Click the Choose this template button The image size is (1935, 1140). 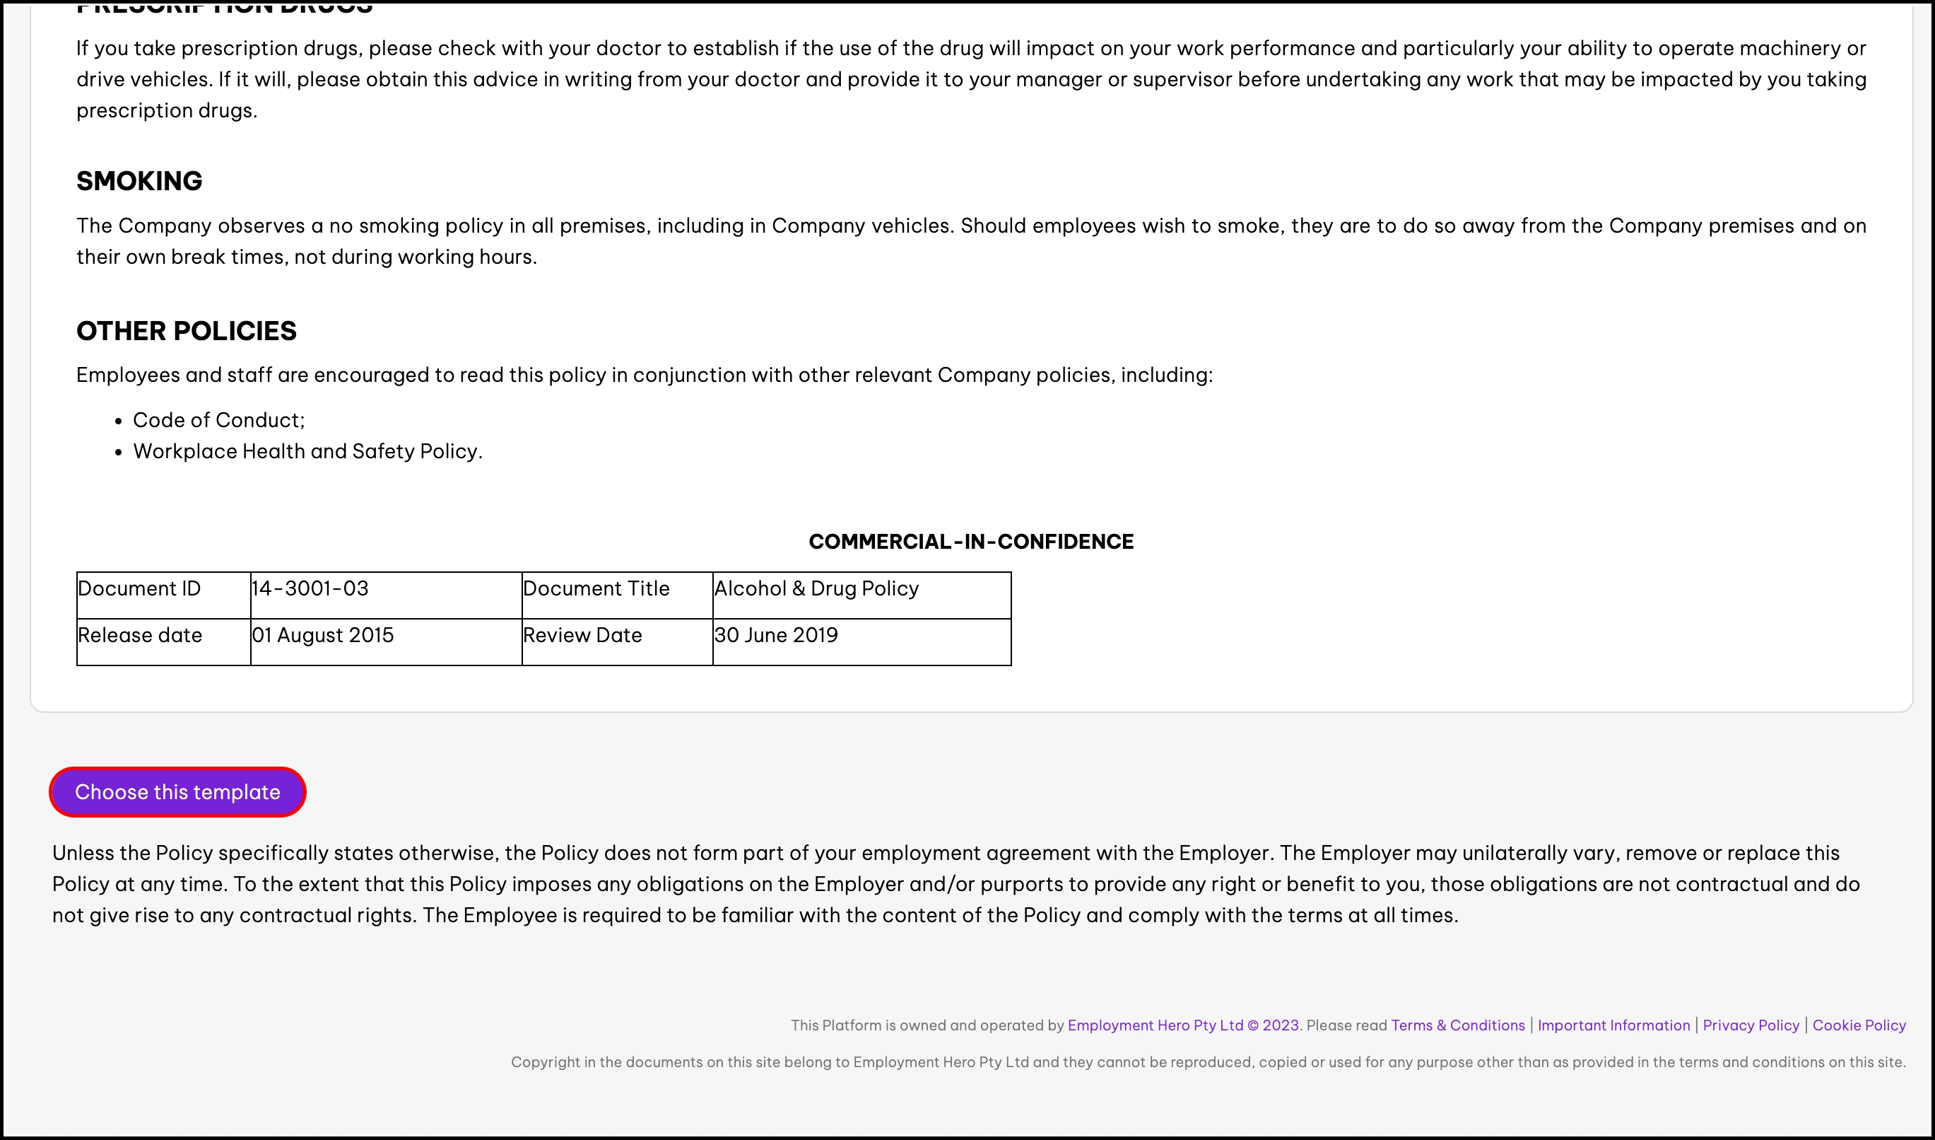177,792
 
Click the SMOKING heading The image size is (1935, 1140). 139,181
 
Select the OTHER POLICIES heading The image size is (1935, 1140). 186,331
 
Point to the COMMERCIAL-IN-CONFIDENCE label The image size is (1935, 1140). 970,542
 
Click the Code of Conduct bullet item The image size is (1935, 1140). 219,420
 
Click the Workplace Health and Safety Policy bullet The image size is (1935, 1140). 307,452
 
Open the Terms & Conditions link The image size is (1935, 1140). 1457,1025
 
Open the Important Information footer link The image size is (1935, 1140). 1613,1025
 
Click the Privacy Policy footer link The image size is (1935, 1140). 1751,1025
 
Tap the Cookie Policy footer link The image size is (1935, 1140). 1859,1025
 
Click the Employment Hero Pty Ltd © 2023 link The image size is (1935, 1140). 1182,1025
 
